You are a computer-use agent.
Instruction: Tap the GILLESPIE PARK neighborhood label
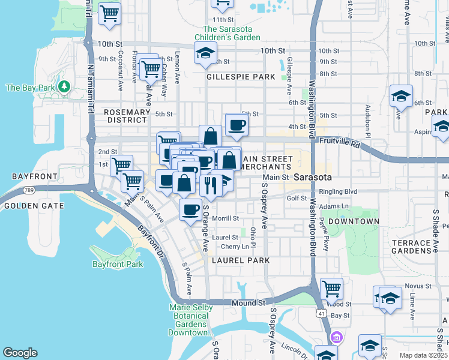click(241, 77)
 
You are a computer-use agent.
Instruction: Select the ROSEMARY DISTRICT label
click(127, 116)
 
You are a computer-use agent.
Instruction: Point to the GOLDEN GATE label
click(25, 206)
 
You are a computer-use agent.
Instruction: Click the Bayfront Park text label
click(118, 264)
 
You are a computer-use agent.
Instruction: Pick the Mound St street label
click(244, 304)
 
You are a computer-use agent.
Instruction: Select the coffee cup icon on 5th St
click(237, 125)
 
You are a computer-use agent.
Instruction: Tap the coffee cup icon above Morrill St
click(191, 209)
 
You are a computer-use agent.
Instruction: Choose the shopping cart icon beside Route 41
click(331, 289)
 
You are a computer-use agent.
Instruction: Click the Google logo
click(20, 353)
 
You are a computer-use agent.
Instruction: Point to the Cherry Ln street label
click(235, 247)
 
